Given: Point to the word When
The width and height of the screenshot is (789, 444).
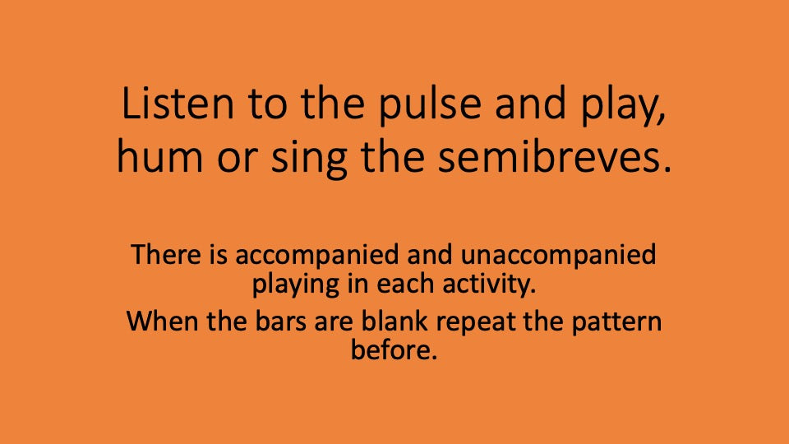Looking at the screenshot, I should click(157, 321).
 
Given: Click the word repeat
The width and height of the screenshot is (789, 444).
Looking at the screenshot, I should click(478, 321).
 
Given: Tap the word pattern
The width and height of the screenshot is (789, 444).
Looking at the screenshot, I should click(615, 321).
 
